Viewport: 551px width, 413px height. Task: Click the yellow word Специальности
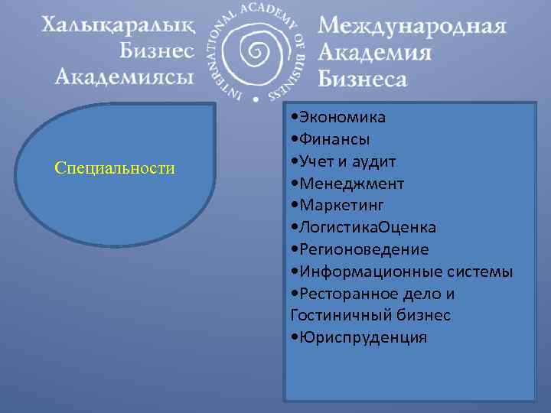click(x=115, y=167)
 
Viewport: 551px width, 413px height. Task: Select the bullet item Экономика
click(x=342, y=118)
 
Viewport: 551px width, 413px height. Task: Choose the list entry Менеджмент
click(x=351, y=184)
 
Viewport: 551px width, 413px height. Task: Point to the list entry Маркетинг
click(x=341, y=206)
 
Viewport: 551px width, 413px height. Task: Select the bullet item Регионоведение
click(x=364, y=250)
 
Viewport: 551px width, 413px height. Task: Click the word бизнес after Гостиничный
click(x=423, y=315)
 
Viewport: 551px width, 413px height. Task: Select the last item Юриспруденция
click(x=363, y=337)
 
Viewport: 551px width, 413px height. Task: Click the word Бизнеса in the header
click(x=362, y=77)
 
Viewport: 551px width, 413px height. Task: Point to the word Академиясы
click(x=124, y=76)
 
